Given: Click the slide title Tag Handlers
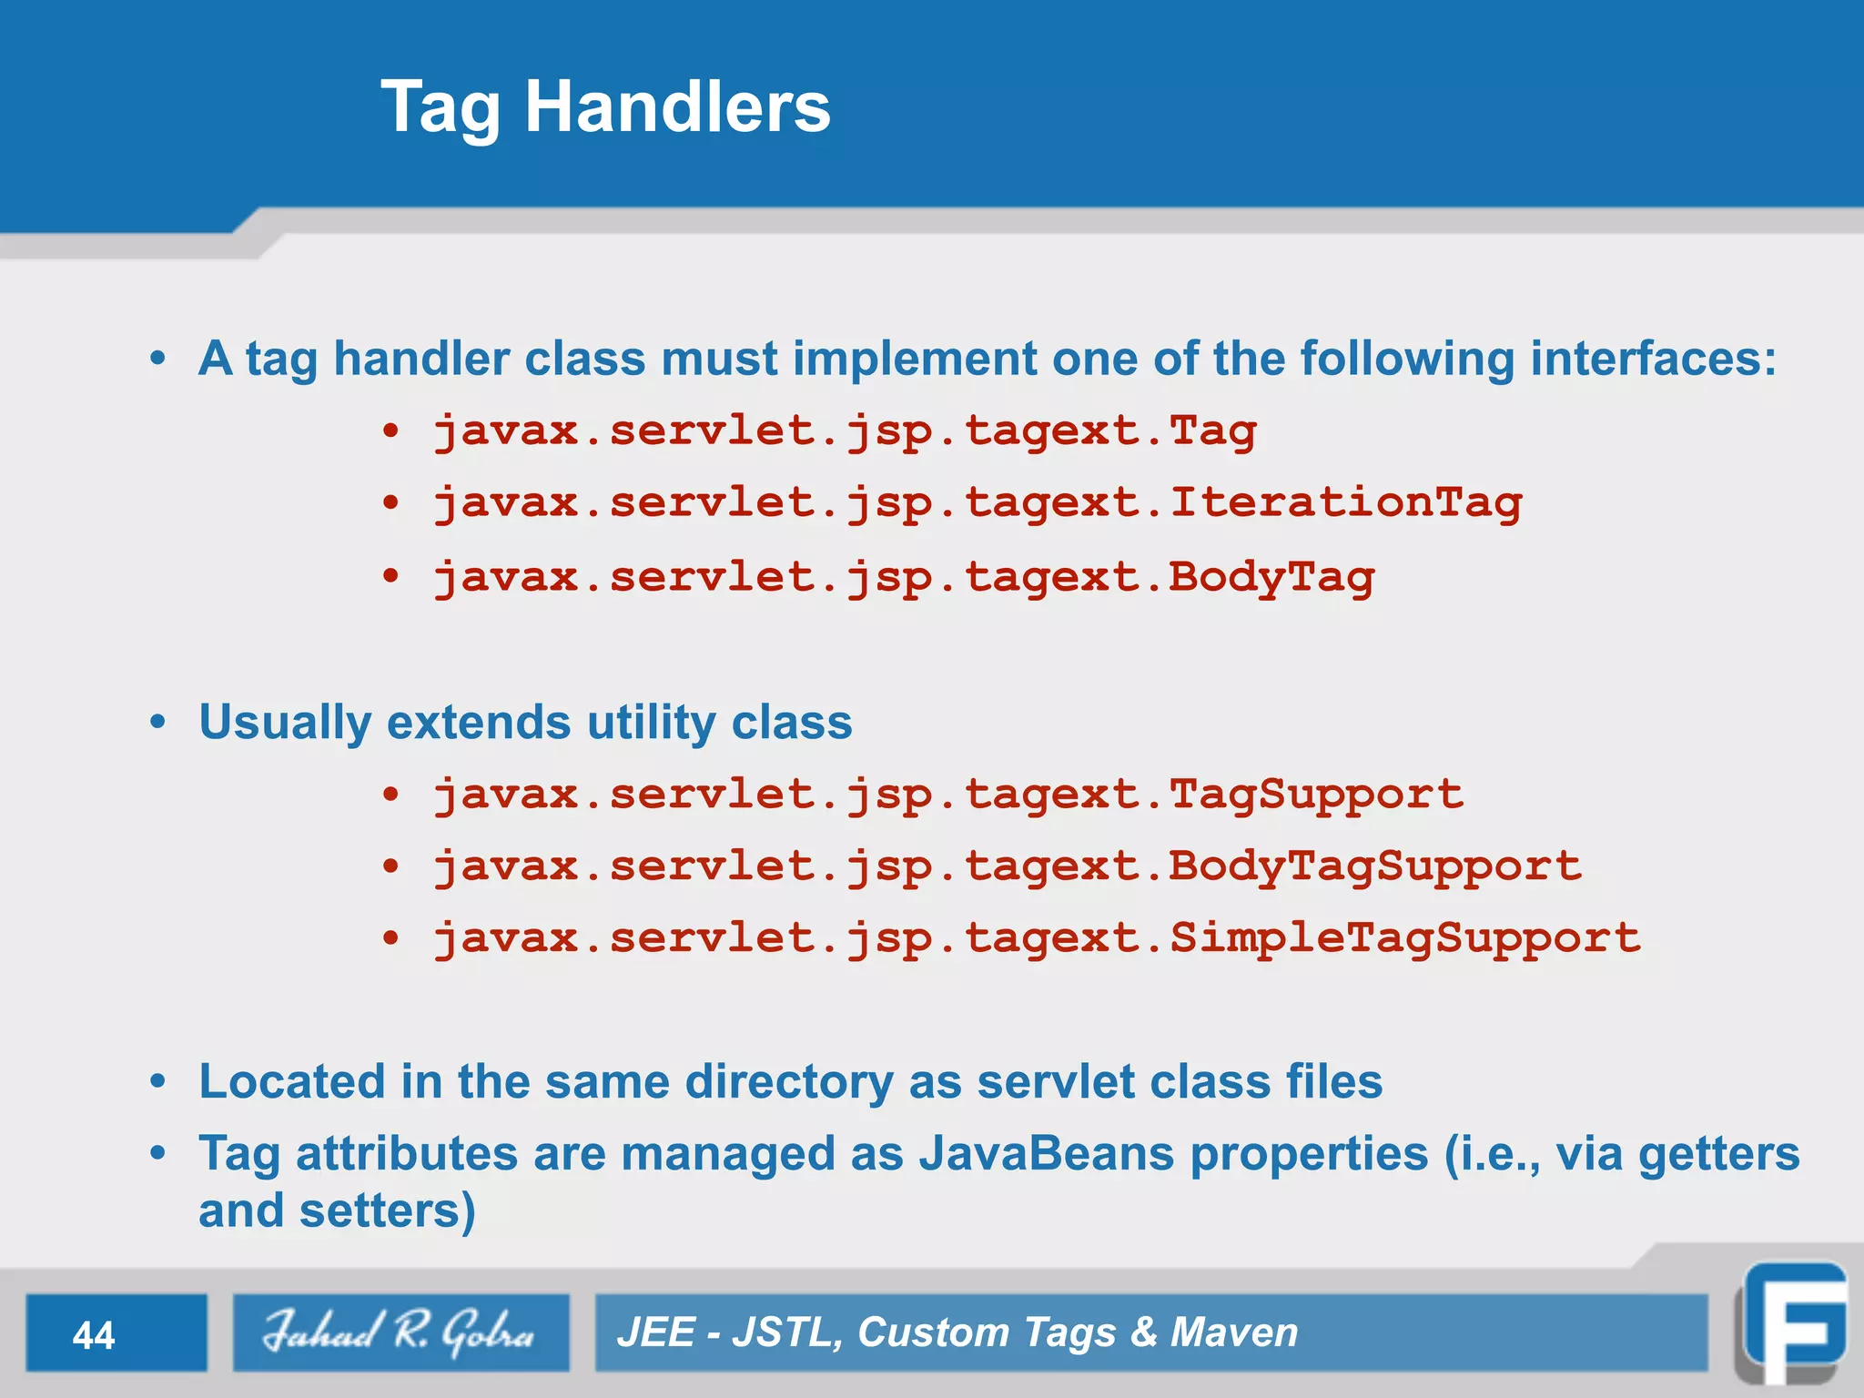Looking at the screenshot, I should point(605,107).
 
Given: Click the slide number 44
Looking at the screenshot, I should point(94,1335).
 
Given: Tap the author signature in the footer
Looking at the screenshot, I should point(400,1332).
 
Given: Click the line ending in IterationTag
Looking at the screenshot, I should point(977,503).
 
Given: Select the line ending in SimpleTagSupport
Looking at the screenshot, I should point(1036,938).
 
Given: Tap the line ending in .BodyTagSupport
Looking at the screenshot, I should point(1007,866).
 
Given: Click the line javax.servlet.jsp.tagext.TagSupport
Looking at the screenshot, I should point(947,795).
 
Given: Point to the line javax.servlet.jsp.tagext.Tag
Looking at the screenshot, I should point(844,431).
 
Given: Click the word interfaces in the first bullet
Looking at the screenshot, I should point(1652,359).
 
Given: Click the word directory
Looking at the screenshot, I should point(788,1082).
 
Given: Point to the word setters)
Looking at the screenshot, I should point(387,1211).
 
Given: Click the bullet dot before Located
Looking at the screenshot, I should point(158,1082).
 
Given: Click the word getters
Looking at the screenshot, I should point(1718,1154).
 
